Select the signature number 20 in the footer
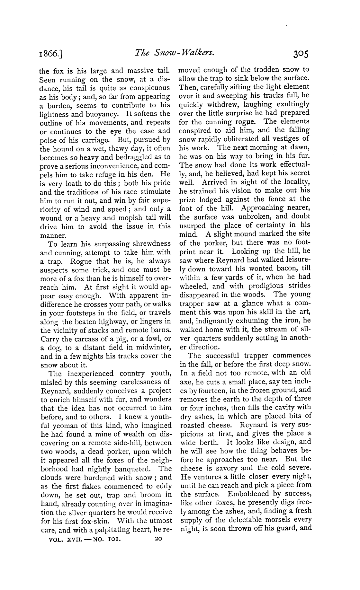158,539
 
